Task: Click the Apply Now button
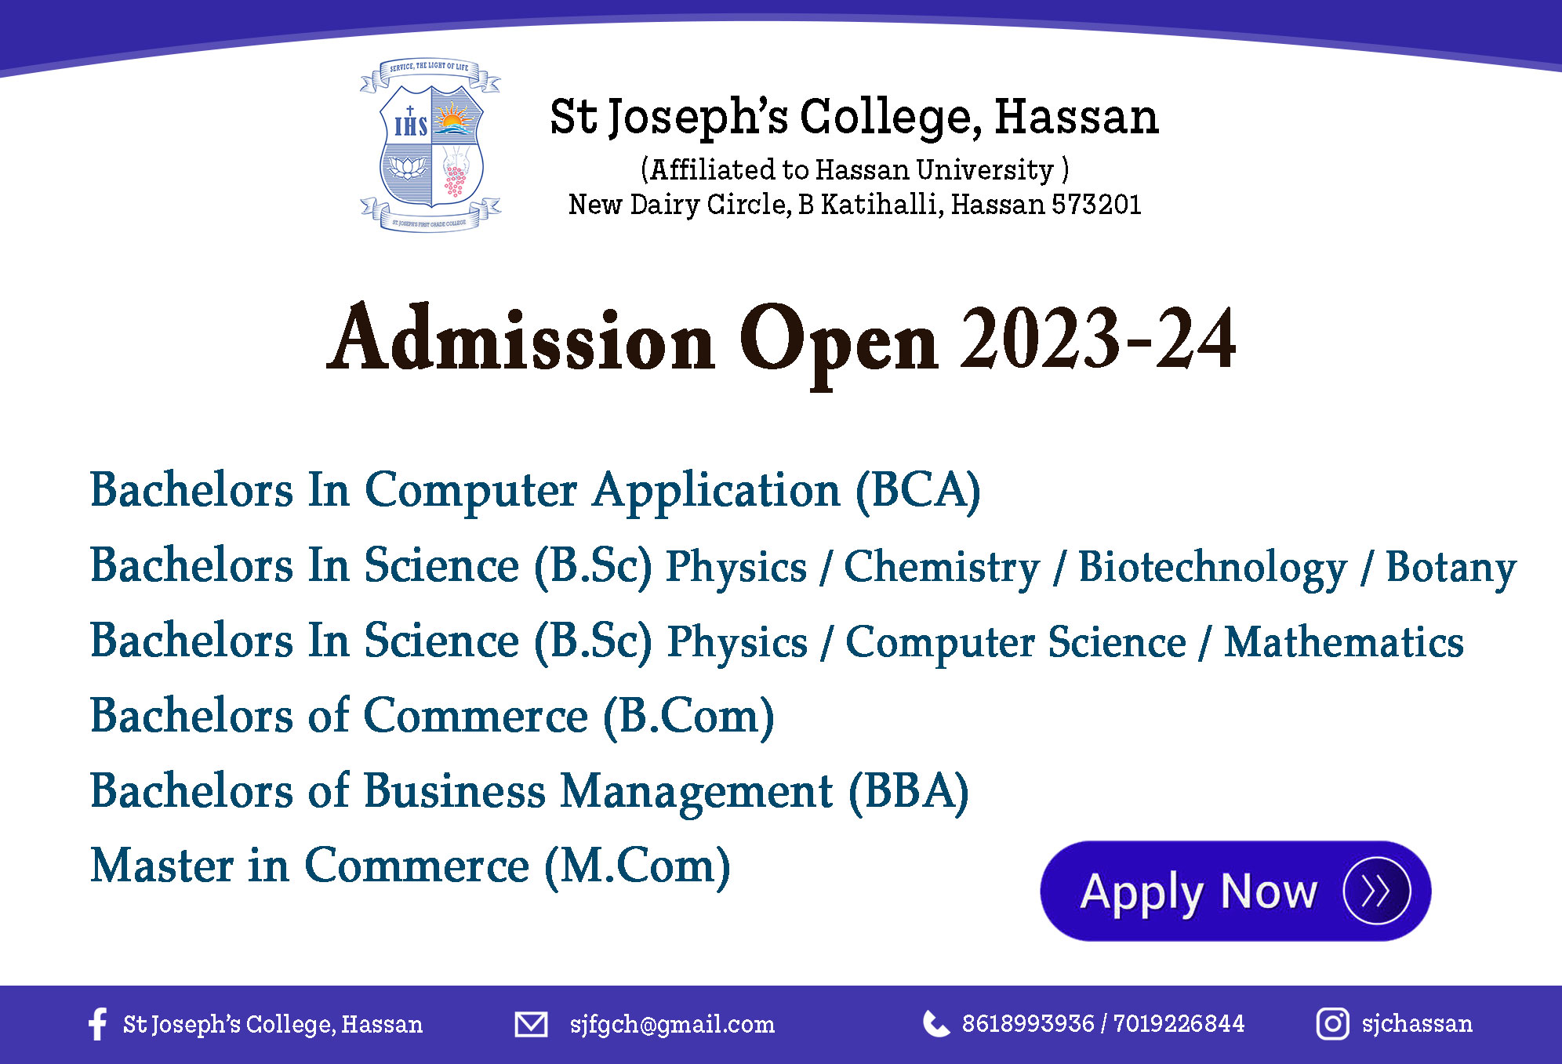1235,891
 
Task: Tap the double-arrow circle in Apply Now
1376,891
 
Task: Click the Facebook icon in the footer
97,1023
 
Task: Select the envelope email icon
531,1024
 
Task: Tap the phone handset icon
936,1023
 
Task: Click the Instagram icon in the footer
1332,1024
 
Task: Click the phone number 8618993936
1028,1023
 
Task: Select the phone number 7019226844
1179,1023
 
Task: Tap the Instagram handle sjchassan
1417,1024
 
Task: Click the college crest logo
430,145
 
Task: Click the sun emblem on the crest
453,119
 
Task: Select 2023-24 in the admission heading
1099,339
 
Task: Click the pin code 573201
1096,205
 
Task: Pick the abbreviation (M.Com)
638,866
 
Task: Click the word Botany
1451,568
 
